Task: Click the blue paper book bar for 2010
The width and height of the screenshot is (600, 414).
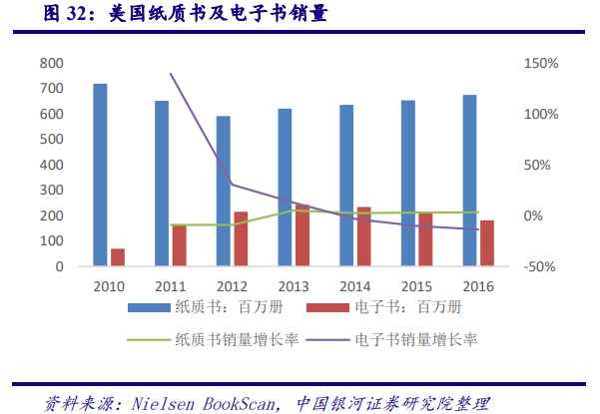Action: pyautogui.click(x=100, y=175)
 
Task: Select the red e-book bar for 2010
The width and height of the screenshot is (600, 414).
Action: pyautogui.click(x=118, y=257)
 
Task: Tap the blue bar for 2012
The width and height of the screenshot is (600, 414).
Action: pyautogui.click(x=224, y=191)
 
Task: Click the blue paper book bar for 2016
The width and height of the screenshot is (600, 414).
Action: pyautogui.click(x=469, y=181)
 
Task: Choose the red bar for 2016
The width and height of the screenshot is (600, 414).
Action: pyautogui.click(x=487, y=243)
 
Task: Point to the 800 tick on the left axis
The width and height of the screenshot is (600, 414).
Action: pyautogui.click(x=51, y=63)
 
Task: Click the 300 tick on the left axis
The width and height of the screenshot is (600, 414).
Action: pyautogui.click(x=51, y=191)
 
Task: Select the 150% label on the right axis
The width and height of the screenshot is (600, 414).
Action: pyautogui.click(x=540, y=63)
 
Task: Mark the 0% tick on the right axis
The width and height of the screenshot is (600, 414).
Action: pyautogui.click(x=535, y=216)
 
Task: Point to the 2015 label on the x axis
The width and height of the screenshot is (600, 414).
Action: pyautogui.click(x=416, y=285)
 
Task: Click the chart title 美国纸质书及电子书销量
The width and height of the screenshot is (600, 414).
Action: pyautogui.click(x=231, y=14)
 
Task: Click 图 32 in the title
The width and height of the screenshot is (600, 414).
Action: pyautogui.click(x=39, y=14)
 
